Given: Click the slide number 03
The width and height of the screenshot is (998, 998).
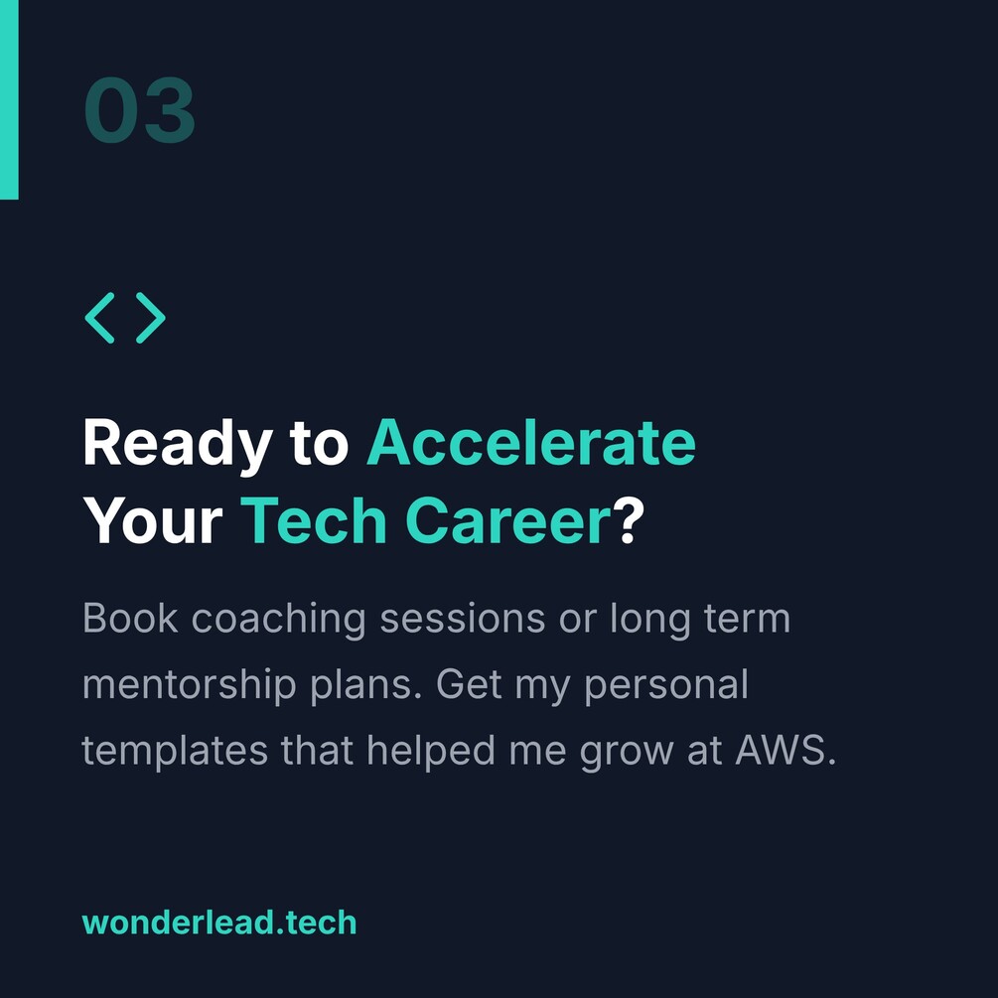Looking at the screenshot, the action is click(139, 110).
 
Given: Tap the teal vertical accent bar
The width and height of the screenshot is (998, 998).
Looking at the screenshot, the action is click(9, 99).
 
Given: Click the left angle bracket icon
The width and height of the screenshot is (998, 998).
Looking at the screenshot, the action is click(100, 318).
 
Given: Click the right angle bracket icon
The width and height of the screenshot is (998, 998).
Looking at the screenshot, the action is click(151, 318).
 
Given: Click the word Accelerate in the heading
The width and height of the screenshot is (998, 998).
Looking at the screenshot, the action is click(531, 442).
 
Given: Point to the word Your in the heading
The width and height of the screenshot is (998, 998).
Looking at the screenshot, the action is click(153, 520).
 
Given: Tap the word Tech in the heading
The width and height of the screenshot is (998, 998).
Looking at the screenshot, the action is click(314, 520).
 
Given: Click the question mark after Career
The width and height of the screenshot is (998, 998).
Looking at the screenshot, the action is click(629, 519).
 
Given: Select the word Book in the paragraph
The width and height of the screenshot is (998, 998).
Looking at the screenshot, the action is click(130, 618).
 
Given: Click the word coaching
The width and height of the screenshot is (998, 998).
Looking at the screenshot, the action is click(279, 620).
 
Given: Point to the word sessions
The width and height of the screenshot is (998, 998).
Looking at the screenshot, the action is click(463, 619).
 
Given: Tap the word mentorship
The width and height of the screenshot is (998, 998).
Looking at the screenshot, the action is click(190, 686).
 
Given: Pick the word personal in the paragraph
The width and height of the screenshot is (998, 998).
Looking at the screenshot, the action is click(666, 686).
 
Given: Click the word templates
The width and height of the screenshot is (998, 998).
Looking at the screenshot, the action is click(175, 752).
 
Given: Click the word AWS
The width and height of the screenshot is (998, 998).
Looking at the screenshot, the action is click(785, 750).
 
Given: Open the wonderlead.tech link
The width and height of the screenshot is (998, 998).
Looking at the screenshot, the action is click(219, 923).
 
